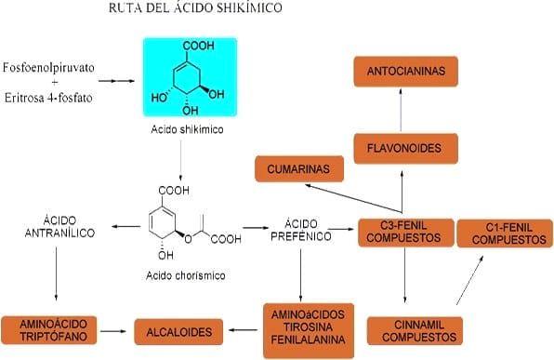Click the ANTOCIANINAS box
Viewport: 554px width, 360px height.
click(x=402, y=71)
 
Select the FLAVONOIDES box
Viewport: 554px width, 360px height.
click(x=402, y=146)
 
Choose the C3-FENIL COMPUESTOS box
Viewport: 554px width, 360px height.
click(x=404, y=232)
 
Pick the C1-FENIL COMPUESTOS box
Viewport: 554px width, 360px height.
click(x=508, y=233)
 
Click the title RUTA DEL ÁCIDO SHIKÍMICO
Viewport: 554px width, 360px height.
click(x=207, y=8)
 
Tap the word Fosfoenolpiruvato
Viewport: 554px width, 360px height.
click(x=48, y=69)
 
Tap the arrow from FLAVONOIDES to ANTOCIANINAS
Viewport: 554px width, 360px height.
click(x=402, y=108)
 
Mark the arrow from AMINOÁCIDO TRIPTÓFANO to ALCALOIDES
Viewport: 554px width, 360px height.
click(x=113, y=330)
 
